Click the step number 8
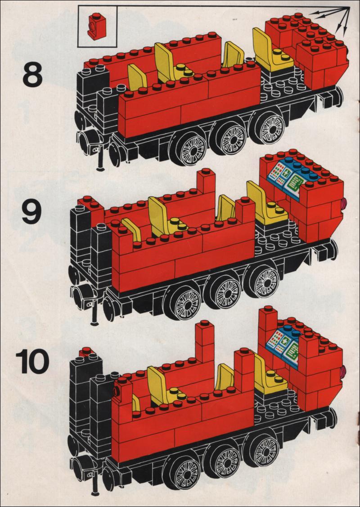click(32, 75)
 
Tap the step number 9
click(32, 211)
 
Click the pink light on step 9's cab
click(343, 203)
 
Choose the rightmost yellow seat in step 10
click(270, 375)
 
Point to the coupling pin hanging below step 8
click(101, 158)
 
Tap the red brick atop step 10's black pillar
click(87, 351)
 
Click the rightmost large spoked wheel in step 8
click(267, 126)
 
